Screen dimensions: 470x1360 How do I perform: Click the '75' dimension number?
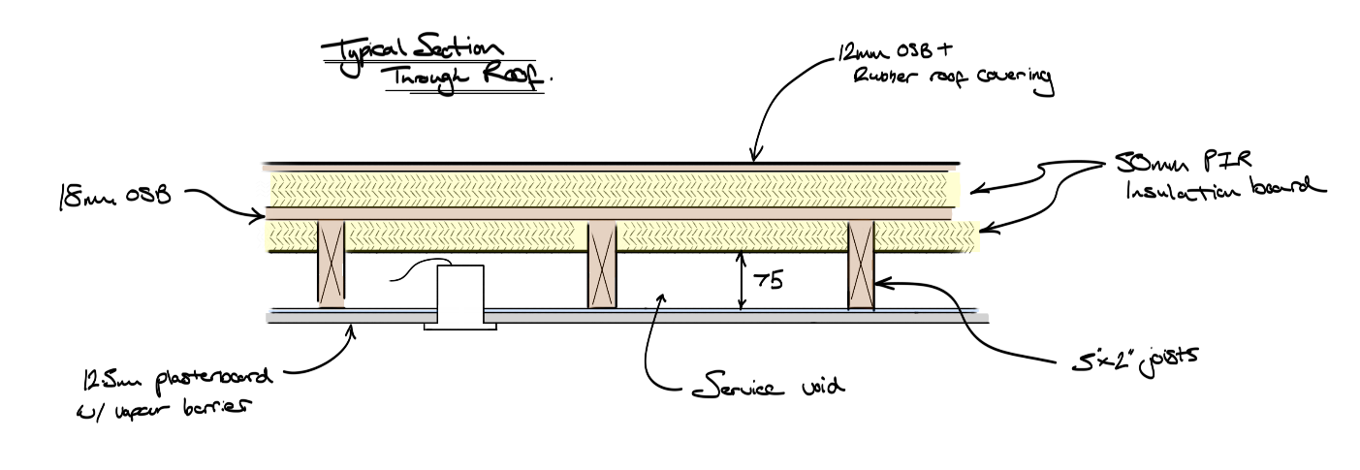pyautogui.click(x=767, y=282)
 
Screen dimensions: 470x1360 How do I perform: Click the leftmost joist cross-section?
pyautogui.click(x=332, y=263)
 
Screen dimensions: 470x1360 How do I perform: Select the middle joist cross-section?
pyautogui.click(x=602, y=263)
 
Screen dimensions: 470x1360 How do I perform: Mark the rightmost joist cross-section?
pyautogui.click(x=861, y=263)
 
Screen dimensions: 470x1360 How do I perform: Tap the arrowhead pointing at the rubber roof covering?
pyautogui.click(x=753, y=157)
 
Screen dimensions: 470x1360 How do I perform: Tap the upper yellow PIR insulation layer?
pyautogui.click(x=611, y=187)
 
